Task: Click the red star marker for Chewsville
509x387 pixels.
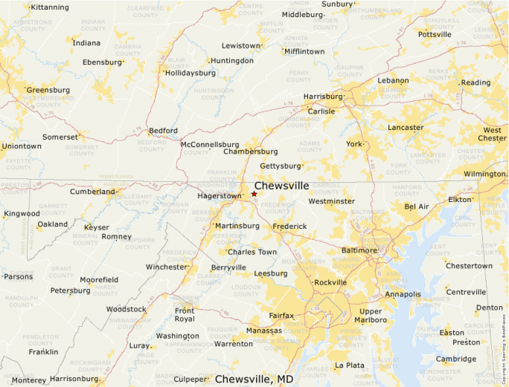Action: click(254, 194)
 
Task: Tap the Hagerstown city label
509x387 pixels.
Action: click(220, 196)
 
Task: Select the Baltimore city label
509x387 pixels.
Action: click(359, 250)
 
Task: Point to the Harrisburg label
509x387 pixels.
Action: click(323, 97)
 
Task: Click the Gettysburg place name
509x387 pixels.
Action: click(281, 166)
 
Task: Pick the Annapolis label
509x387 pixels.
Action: click(403, 294)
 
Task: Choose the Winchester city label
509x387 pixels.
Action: click(166, 267)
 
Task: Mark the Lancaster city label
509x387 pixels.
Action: click(406, 128)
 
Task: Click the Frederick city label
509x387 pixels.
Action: click(289, 226)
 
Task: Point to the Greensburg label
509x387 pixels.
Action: click(48, 90)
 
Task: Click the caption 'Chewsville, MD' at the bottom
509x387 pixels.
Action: click(254, 379)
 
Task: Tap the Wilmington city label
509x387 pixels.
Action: click(484, 174)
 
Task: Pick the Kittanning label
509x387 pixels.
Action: click(49, 7)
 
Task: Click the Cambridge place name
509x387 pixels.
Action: click(456, 359)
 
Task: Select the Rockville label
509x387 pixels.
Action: click(330, 282)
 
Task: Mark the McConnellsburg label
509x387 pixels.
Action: click(210, 144)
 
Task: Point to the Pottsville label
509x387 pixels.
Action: click(435, 34)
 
